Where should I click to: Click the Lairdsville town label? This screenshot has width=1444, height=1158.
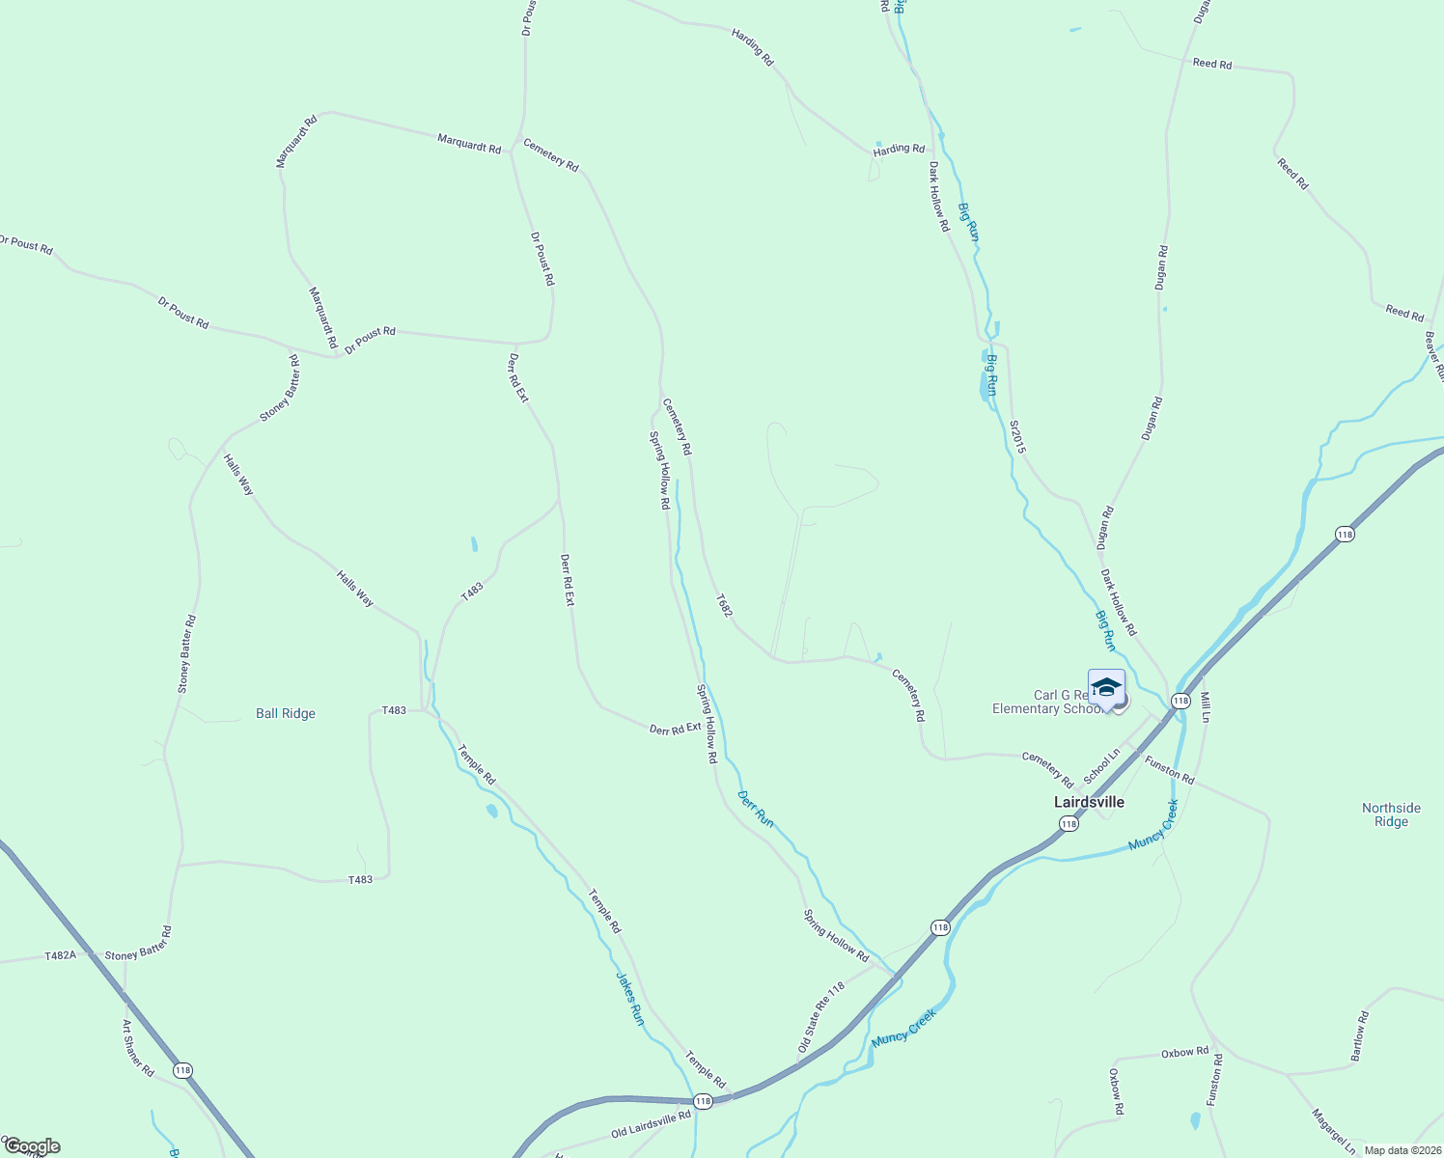pos(1089,802)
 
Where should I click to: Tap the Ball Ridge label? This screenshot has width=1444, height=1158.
pos(286,714)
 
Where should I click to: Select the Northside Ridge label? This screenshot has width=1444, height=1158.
pos(1391,815)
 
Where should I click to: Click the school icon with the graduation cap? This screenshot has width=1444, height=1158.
pos(1106,688)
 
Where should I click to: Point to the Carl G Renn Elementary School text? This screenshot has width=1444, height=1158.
pos(1046,703)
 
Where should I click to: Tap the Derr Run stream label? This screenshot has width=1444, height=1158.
pos(755,809)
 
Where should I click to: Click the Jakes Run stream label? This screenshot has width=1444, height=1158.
pos(629,998)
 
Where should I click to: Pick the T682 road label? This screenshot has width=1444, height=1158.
pos(724,605)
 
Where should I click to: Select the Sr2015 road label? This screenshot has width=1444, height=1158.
pos(1017,436)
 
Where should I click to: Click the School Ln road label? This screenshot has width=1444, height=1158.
pos(1101,766)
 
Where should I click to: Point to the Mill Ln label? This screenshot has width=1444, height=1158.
pos(1205,707)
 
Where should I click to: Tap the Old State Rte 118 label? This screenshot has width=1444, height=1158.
pos(821,1017)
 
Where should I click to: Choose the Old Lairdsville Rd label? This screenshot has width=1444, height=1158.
pos(651,1122)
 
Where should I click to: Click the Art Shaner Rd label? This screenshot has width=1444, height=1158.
pos(138,1048)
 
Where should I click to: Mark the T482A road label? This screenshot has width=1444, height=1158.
pos(60,955)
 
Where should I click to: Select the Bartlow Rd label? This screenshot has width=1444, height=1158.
pos(1359,1036)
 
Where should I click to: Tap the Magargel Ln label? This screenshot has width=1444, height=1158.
pos(1333,1131)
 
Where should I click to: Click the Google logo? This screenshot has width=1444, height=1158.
pos(33,1146)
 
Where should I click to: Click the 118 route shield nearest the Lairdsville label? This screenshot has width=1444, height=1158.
pos(1068,823)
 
